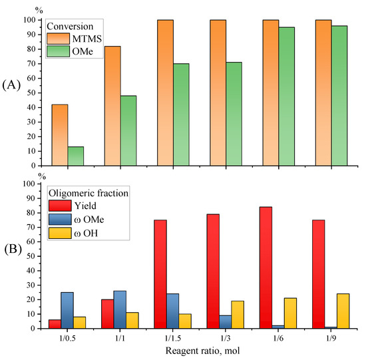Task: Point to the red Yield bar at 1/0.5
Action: pyautogui.click(x=55, y=324)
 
